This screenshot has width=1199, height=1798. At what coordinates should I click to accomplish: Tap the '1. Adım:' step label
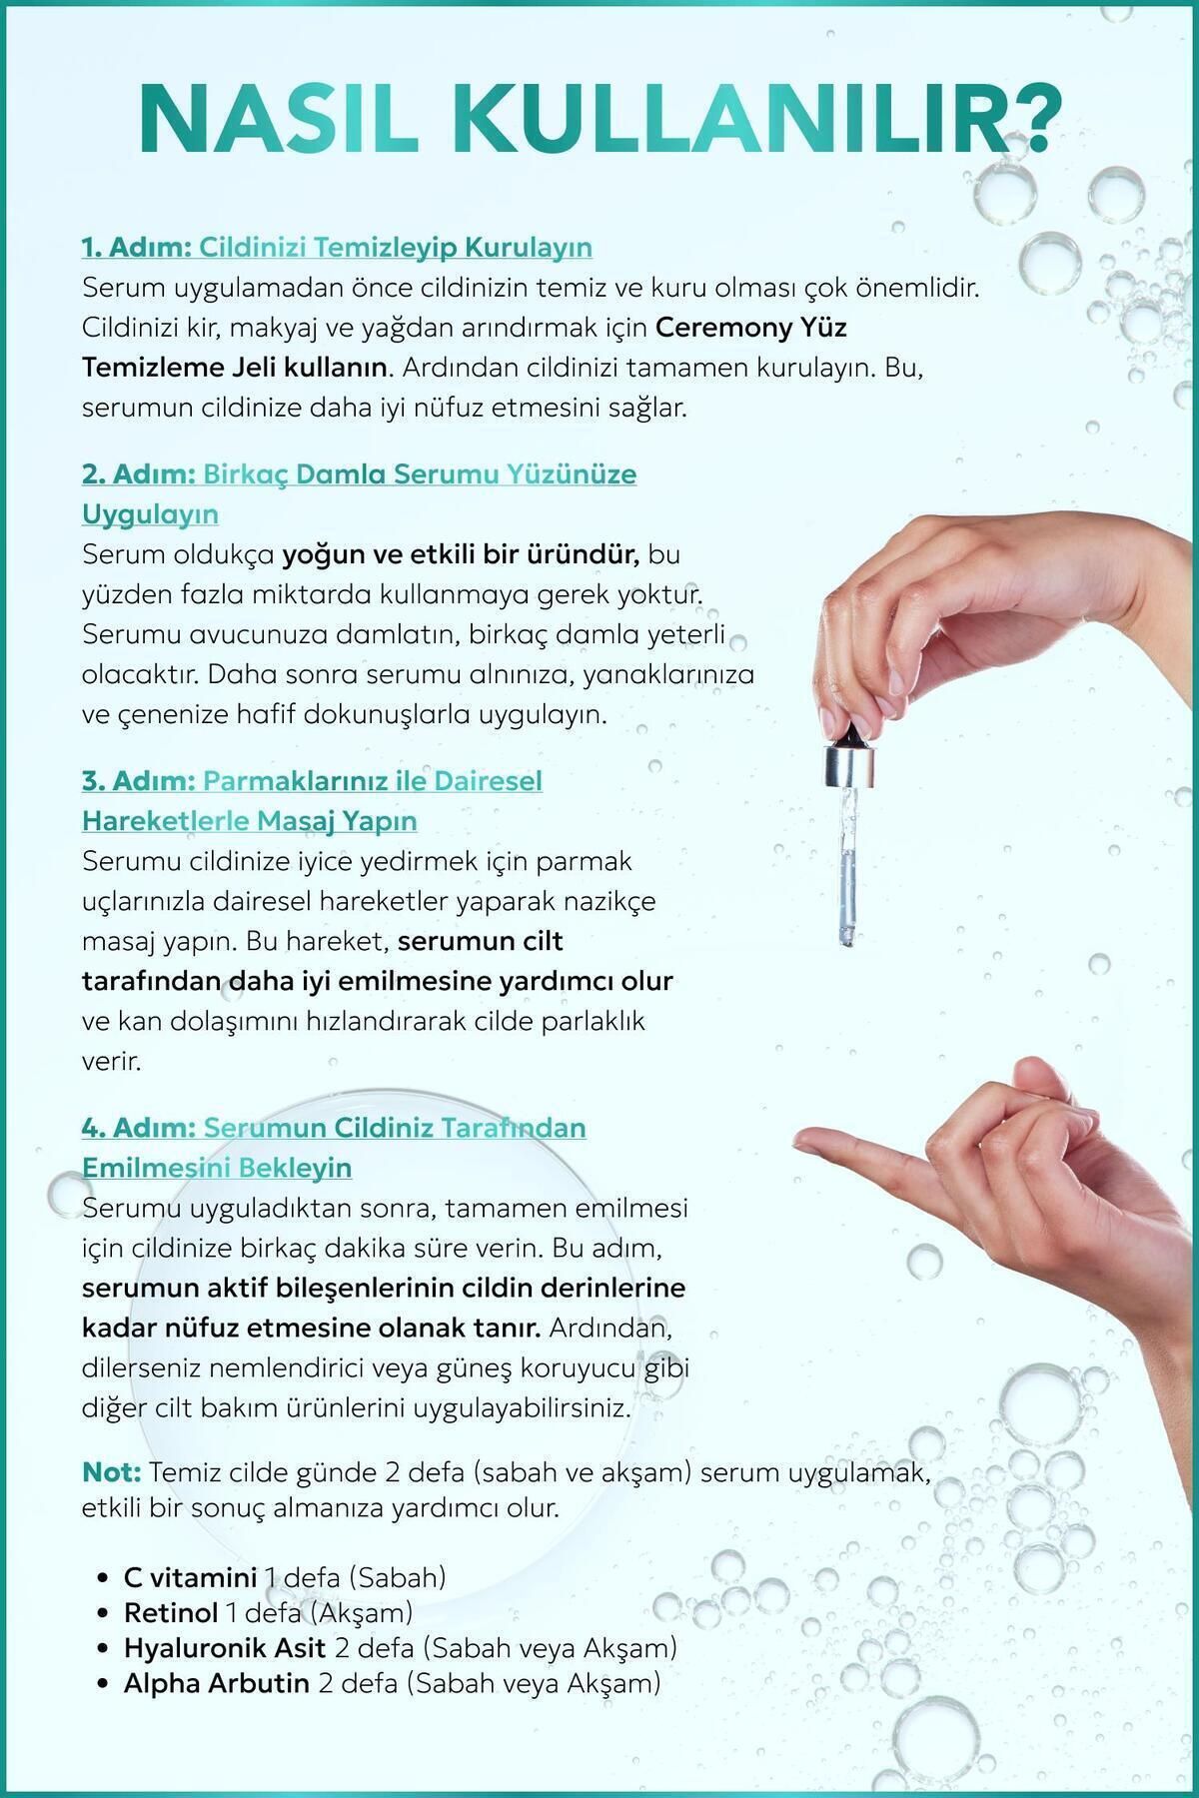click(x=136, y=247)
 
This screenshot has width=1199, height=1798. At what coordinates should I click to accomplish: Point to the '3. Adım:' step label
click(x=137, y=780)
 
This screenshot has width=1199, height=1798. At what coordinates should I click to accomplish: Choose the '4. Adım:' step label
click(x=137, y=1128)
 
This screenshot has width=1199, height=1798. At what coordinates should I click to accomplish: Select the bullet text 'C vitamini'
click(x=190, y=1578)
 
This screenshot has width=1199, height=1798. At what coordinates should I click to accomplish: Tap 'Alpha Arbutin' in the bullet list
click(x=216, y=1683)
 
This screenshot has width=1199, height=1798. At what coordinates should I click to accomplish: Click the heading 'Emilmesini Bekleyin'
click(x=217, y=1168)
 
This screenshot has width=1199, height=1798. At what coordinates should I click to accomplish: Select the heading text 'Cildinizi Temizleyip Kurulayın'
click(x=395, y=247)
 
